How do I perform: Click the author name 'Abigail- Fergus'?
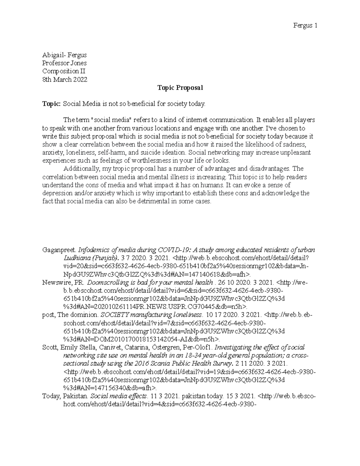pos(64,55)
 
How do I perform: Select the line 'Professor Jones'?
pos(64,63)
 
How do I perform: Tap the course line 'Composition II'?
pos(64,71)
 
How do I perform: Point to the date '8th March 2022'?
pos(65,80)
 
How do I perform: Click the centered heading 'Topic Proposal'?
pos(180,88)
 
